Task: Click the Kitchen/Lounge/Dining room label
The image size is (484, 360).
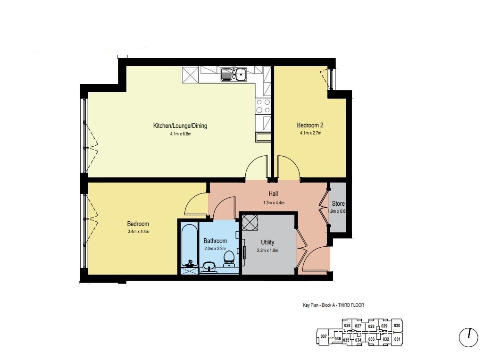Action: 180,126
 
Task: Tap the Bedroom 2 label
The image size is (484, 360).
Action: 310,125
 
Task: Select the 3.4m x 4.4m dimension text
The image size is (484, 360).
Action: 138,231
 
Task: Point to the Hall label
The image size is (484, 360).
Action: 273,193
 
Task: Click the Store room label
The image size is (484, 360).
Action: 338,203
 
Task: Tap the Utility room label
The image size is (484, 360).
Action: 267,243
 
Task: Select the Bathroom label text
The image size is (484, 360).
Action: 215,241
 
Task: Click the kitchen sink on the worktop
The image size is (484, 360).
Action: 234,75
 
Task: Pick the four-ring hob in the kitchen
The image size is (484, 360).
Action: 263,106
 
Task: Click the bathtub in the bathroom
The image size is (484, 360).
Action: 189,246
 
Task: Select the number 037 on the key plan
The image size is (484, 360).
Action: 324,336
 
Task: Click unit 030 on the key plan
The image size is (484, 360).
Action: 397,326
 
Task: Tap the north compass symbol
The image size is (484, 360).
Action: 468,337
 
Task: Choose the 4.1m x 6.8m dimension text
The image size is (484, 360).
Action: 181,134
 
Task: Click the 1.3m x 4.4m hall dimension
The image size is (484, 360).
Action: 274,203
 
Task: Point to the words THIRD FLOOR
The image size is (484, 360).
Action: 351,305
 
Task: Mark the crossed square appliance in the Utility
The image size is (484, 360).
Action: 250,222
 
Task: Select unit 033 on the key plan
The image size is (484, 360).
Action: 371,339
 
